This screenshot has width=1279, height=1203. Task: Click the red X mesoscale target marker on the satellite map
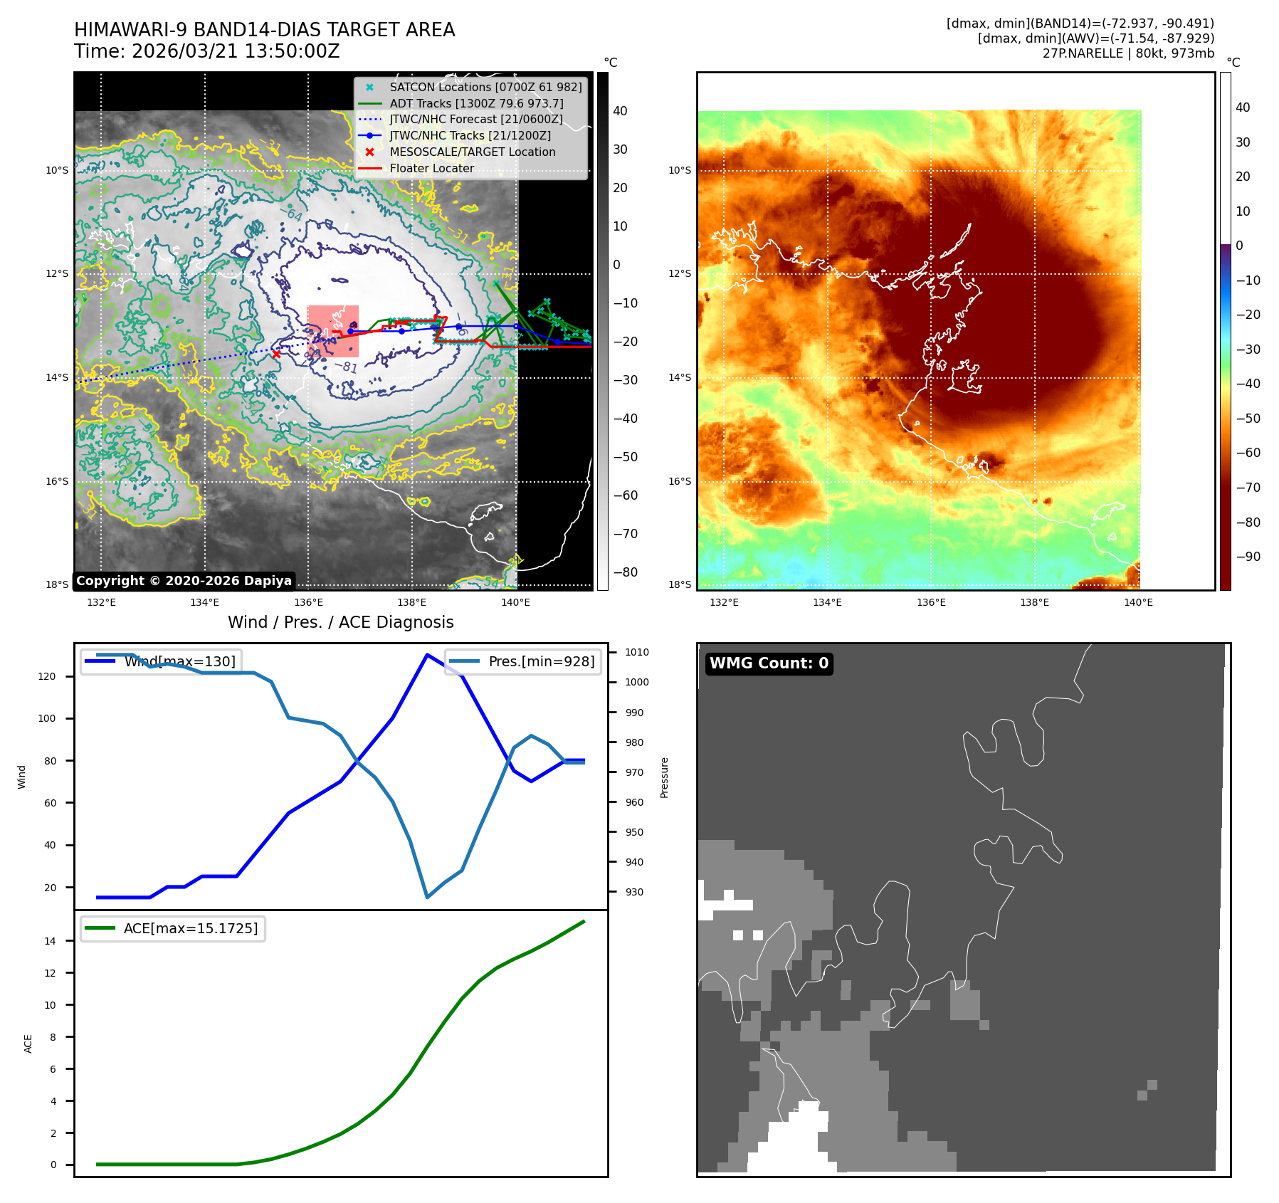pyautogui.click(x=276, y=354)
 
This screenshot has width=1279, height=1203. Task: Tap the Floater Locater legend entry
pyautogui.click(x=431, y=168)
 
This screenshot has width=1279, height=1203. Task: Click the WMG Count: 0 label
pyautogui.click(x=769, y=663)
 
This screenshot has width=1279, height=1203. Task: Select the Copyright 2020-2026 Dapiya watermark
pyautogui.click(x=184, y=581)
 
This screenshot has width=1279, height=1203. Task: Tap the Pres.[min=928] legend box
pyautogui.click(x=523, y=661)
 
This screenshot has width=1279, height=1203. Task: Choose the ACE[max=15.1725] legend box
pyautogui.click(x=173, y=928)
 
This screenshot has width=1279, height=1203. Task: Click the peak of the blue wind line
pyautogui.click(x=426, y=654)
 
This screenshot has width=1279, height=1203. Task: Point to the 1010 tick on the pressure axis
pyautogui.click(x=637, y=652)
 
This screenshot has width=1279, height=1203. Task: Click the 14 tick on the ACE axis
pyautogui.click(x=50, y=941)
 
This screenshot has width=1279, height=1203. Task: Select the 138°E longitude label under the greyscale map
pyautogui.click(x=411, y=602)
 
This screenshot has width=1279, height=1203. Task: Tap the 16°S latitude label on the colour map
pyautogui.click(x=680, y=481)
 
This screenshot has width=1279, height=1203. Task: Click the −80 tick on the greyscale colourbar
pyautogui.click(x=626, y=572)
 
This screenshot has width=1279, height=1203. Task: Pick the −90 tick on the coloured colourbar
pyautogui.click(x=1248, y=557)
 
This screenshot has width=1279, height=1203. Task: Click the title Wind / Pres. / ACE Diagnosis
pyautogui.click(x=340, y=622)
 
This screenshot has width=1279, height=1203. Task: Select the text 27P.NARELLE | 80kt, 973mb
pyautogui.click(x=1128, y=53)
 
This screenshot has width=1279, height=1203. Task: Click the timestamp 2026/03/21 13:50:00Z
pyautogui.click(x=236, y=52)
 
